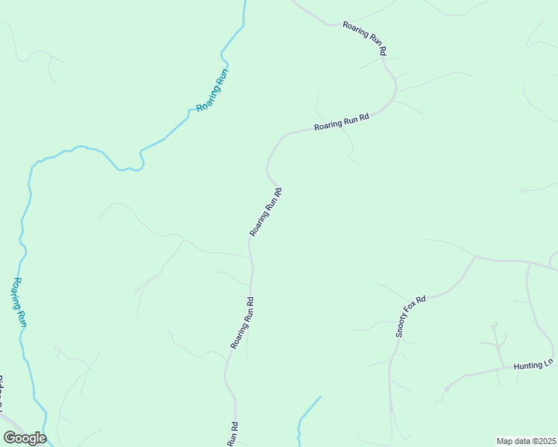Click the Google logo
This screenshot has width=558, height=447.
25,437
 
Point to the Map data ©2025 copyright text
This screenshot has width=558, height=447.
525,441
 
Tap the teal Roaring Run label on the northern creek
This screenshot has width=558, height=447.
211,90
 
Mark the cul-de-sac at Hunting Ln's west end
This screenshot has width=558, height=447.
446,389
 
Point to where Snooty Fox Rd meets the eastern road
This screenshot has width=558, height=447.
475,258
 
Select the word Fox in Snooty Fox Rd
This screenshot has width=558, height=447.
411,315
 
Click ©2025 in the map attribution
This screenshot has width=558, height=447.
542,441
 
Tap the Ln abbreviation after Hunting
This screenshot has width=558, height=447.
548,362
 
